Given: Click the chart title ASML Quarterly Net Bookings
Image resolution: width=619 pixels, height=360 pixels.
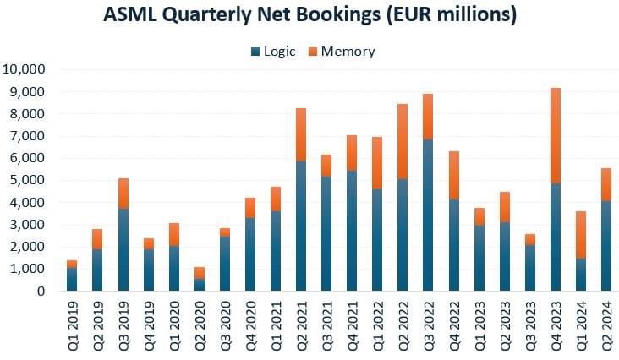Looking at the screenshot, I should (x=309, y=15).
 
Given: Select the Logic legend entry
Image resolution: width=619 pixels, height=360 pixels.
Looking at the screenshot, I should (x=272, y=52).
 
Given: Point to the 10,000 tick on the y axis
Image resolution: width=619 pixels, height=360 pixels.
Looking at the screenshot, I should (x=29, y=69).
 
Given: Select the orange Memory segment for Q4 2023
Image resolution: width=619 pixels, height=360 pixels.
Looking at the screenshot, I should (x=555, y=135).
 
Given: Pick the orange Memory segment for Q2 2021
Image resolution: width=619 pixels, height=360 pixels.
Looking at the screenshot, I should (x=301, y=135).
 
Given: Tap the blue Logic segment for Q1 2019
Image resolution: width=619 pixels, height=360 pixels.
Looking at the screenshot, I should (x=72, y=279).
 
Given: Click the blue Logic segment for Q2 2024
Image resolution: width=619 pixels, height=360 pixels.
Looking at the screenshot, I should (x=605, y=246).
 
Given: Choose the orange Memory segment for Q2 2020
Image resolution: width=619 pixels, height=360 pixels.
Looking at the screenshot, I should (x=199, y=273).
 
